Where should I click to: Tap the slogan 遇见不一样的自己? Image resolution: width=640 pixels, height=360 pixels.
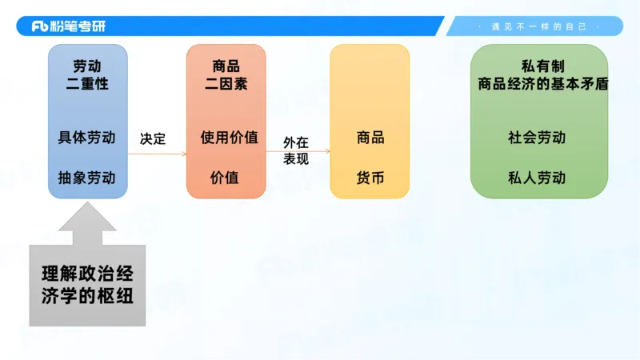pyautogui.click(x=534, y=26)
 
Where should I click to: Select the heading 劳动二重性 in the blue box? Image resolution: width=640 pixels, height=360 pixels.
pyautogui.click(x=87, y=74)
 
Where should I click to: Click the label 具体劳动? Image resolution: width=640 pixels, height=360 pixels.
pyautogui.click(x=87, y=138)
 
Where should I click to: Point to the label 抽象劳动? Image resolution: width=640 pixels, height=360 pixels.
pyautogui.click(x=87, y=177)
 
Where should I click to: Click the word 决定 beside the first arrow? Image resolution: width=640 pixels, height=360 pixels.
pyautogui.click(x=153, y=138)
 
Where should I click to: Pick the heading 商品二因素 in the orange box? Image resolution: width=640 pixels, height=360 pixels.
pyautogui.click(x=226, y=74)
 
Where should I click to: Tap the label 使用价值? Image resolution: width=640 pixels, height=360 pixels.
pyautogui.click(x=229, y=138)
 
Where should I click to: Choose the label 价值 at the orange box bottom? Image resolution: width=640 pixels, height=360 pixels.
pyautogui.click(x=225, y=177)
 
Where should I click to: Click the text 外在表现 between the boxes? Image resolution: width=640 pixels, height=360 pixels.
pyautogui.click(x=295, y=151)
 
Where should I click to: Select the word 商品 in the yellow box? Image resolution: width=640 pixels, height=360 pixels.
pyautogui.click(x=370, y=138)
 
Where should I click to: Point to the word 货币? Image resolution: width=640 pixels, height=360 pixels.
pyautogui.click(x=370, y=177)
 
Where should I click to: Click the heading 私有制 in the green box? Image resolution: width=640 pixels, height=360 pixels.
pyautogui.click(x=538, y=66)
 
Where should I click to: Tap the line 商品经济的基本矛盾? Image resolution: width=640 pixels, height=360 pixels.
pyautogui.click(x=538, y=83)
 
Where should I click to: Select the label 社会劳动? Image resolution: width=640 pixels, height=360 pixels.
pyautogui.click(x=538, y=138)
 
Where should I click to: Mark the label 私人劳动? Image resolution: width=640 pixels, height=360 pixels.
pyautogui.click(x=538, y=177)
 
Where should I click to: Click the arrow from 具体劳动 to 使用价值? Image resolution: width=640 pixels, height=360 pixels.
pyautogui.click(x=157, y=154)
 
